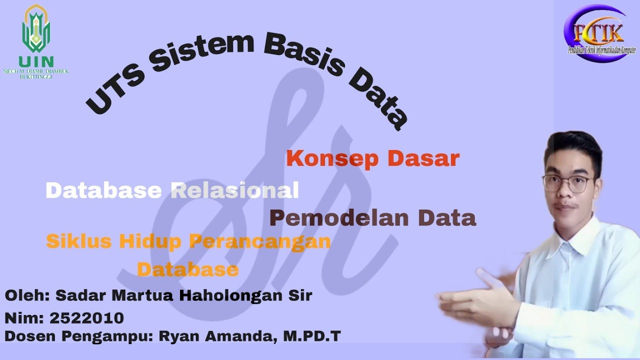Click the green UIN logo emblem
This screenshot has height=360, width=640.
[x=36, y=30]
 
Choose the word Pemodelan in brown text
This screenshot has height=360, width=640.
[x=339, y=218]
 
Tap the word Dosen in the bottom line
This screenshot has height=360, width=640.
[x=30, y=336]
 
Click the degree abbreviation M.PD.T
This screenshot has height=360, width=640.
[x=312, y=336]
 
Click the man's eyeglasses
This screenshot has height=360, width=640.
[x=567, y=184]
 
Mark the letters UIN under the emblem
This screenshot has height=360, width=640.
[x=36, y=61]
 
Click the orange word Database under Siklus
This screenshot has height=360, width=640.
[x=187, y=269]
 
